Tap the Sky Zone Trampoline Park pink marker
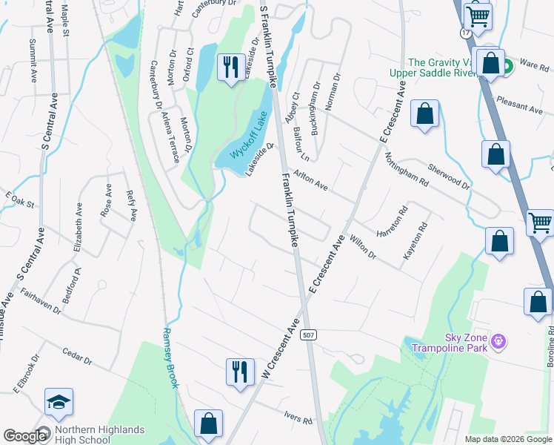pyautogui.click(x=499, y=341)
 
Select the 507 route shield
pyautogui.click(x=309, y=336)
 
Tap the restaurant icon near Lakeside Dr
pyautogui.click(x=230, y=67)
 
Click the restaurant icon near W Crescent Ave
pyautogui.click(x=238, y=372)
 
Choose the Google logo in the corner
pyautogui.click(x=25, y=436)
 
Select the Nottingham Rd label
pyautogui.click(x=407, y=169)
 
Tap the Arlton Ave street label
pyautogui.click(x=310, y=179)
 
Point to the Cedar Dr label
pyautogui.click(x=77, y=357)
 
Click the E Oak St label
pyautogui.click(x=20, y=199)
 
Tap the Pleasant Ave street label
pyautogui.click(x=519, y=105)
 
